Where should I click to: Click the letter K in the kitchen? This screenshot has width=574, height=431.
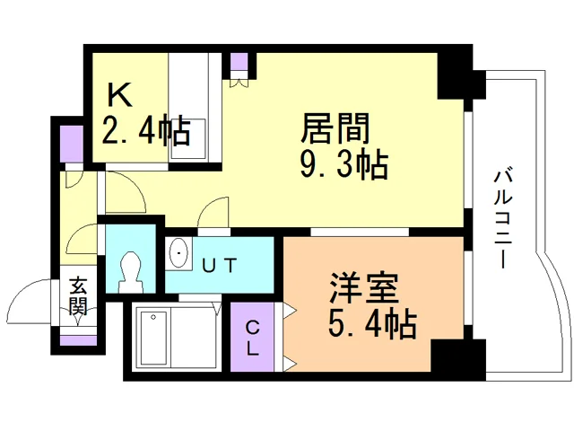(119, 94)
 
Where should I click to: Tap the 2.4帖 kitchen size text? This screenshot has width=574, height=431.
(146, 129)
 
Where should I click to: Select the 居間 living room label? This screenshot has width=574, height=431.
(335, 128)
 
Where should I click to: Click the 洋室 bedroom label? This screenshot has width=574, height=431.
(363, 288)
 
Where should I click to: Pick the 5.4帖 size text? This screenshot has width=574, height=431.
(372, 323)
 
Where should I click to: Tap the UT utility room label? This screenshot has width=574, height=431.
(220, 266)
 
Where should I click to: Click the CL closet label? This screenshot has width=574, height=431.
(252, 338)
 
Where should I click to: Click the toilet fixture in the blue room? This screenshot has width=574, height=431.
(129, 271)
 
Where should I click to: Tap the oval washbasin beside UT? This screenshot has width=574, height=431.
(178, 253)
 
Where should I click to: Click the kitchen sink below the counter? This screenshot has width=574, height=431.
(188, 138)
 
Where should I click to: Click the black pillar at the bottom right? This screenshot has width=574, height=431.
(458, 360)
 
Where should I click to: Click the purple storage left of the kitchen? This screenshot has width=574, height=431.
(72, 144)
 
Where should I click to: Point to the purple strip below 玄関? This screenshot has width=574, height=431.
(78, 340)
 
